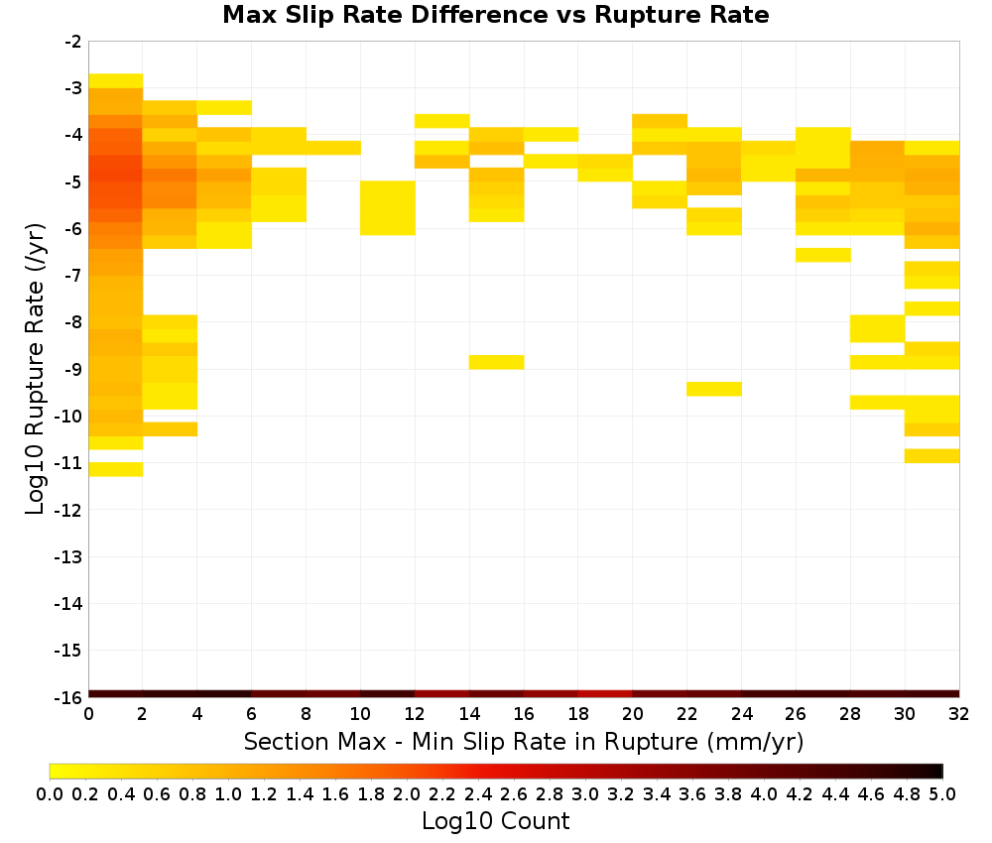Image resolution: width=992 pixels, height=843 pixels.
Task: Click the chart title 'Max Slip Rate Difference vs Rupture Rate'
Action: tap(495, 15)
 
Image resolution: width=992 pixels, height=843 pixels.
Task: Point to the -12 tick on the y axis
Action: tap(69, 510)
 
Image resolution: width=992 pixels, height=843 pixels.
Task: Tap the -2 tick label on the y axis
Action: tap(73, 42)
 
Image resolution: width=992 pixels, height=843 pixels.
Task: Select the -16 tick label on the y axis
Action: tap(69, 697)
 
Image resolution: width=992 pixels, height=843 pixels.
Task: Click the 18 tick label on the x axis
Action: tap(577, 714)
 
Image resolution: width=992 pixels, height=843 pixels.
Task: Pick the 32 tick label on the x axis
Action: tap(959, 714)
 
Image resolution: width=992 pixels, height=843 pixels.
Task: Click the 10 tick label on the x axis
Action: tap(360, 714)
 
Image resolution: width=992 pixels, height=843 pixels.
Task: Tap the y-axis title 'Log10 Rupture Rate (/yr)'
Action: tap(35, 369)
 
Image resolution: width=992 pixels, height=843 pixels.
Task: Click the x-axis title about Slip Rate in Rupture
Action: tap(523, 742)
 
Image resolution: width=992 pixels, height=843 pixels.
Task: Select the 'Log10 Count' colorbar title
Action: tap(495, 821)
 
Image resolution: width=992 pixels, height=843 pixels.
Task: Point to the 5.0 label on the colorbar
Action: tap(942, 794)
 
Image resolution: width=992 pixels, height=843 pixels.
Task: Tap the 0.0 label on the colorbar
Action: tap(50, 794)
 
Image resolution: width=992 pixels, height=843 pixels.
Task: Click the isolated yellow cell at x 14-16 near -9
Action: tap(496, 362)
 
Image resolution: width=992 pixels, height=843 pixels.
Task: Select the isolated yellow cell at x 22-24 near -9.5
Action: tap(714, 389)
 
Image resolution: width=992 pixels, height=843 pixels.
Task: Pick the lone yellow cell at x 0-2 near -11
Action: tap(116, 469)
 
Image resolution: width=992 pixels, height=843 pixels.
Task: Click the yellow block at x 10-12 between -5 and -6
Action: tap(387, 208)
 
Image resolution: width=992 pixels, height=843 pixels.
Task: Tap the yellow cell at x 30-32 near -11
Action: tap(931, 456)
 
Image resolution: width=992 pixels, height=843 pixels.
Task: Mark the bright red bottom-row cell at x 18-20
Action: tap(605, 694)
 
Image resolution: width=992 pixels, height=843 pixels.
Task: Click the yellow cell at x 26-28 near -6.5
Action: tap(823, 255)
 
